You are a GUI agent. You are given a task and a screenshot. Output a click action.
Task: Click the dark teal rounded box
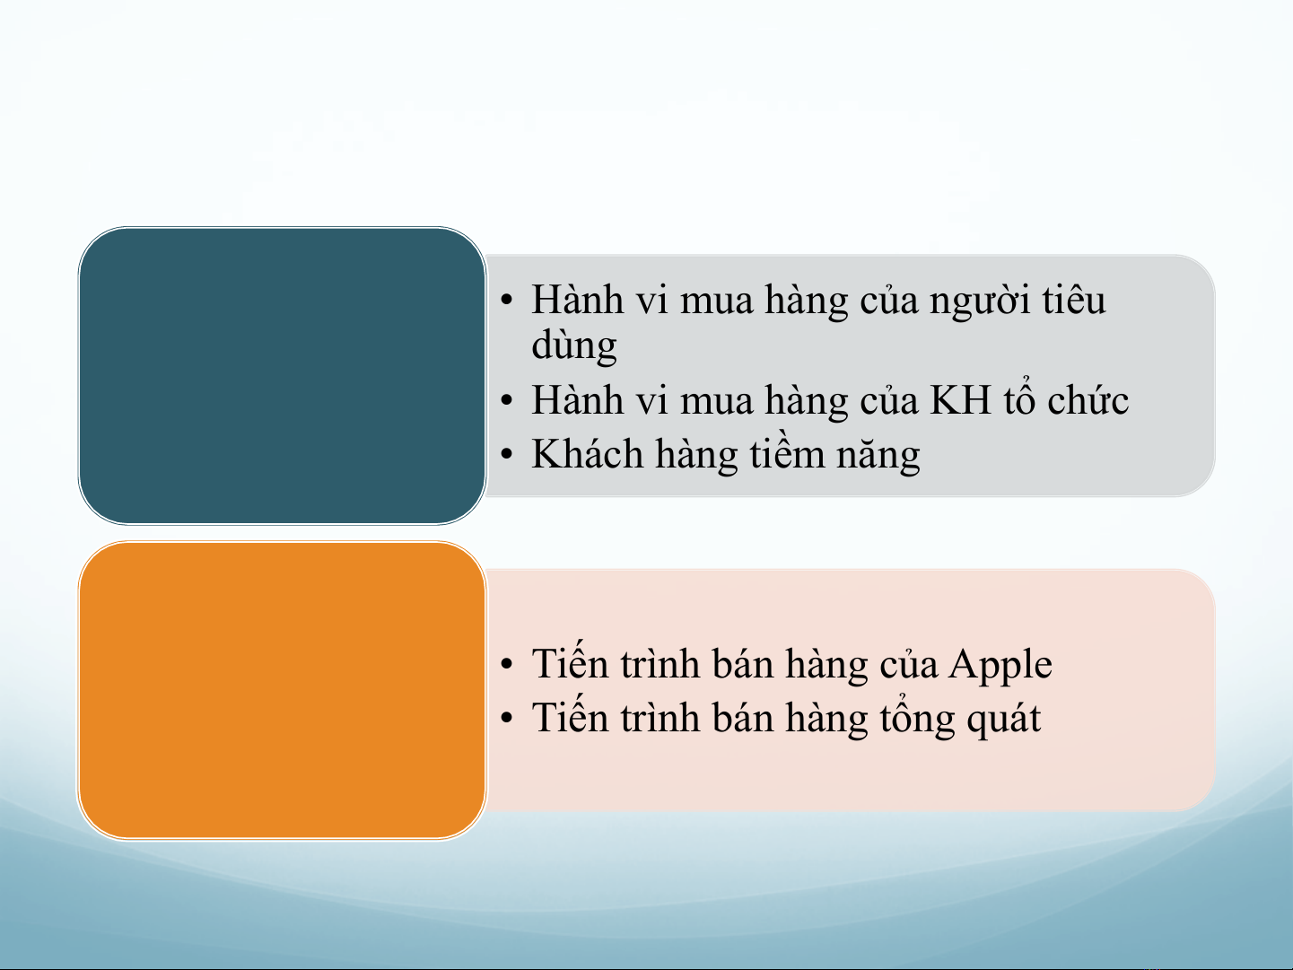point(282,376)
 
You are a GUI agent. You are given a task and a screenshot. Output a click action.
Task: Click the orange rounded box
point(282,690)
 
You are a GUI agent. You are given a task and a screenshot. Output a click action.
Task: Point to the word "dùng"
point(573,346)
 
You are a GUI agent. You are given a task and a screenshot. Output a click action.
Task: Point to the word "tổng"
point(917,719)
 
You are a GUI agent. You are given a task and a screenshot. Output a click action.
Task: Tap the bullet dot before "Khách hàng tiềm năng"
point(507,454)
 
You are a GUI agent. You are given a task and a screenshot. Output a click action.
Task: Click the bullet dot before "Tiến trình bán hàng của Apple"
point(507,664)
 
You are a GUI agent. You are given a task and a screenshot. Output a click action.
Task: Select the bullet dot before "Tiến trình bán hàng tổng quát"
point(507,718)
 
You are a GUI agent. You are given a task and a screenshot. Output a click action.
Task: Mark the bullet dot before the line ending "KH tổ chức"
point(507,400)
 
